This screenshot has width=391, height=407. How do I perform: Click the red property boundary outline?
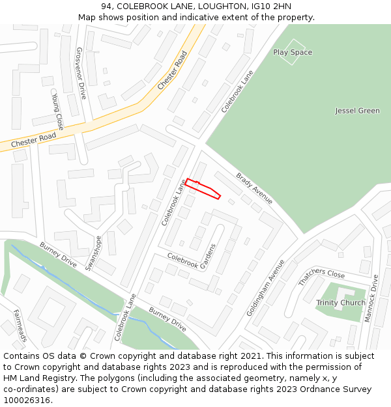click(203, 188)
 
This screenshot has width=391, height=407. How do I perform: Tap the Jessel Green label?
click(357, 111)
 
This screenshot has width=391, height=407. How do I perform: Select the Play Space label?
click(293, 52)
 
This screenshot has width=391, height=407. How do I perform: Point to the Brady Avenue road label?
click(255, 188)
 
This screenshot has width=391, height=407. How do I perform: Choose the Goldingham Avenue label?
click(265, 288)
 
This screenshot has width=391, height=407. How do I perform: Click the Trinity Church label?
click(341, 303)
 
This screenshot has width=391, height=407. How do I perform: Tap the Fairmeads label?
click(20, 326)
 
